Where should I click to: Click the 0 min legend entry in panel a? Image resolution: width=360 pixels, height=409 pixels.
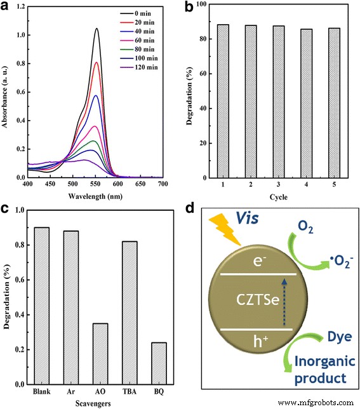(x=148, y=11)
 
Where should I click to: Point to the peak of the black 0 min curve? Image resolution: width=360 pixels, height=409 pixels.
(x=97, y=29)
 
